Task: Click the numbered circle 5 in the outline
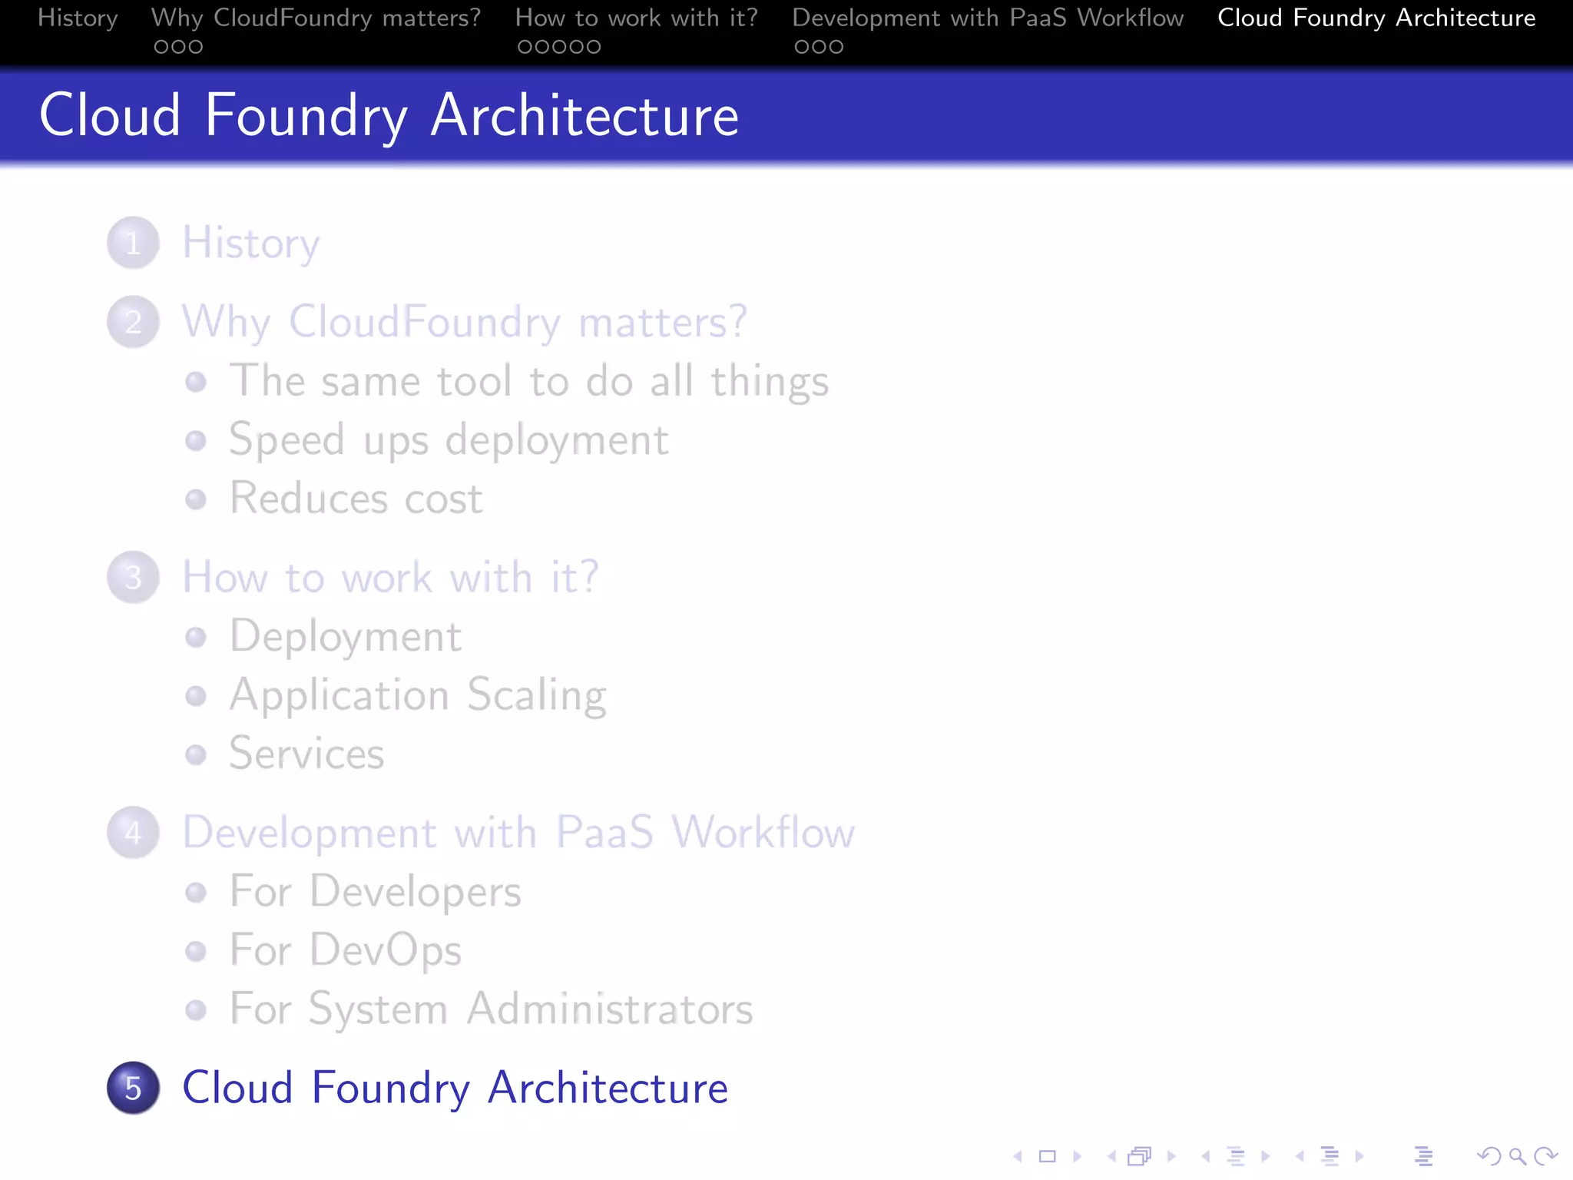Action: (133, 1088)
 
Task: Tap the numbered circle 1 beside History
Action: (133, 243)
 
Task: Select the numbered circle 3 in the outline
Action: (133, 577)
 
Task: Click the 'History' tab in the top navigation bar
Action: (78, 18)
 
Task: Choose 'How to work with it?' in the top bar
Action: (636, 18)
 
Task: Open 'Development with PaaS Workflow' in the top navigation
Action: (988, 18)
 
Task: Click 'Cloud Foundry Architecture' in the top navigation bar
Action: (1376, 18)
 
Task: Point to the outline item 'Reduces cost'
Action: (356, 499)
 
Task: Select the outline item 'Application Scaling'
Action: (418, 695)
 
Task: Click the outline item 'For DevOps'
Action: (346, 950)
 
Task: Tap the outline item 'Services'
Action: (306, 754)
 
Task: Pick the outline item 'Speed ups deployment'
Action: (449, 440)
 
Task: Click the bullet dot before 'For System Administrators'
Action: (196, 1009)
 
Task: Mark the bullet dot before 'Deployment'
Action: (196, 637)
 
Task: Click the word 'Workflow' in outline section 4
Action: (763, 832)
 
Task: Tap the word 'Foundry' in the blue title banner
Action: (306, 117)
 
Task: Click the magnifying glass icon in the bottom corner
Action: (1517, 1156)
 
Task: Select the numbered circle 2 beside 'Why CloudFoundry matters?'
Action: (133, 322)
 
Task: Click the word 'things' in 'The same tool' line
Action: (770, 382)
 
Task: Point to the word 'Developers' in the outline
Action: (416, 892)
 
